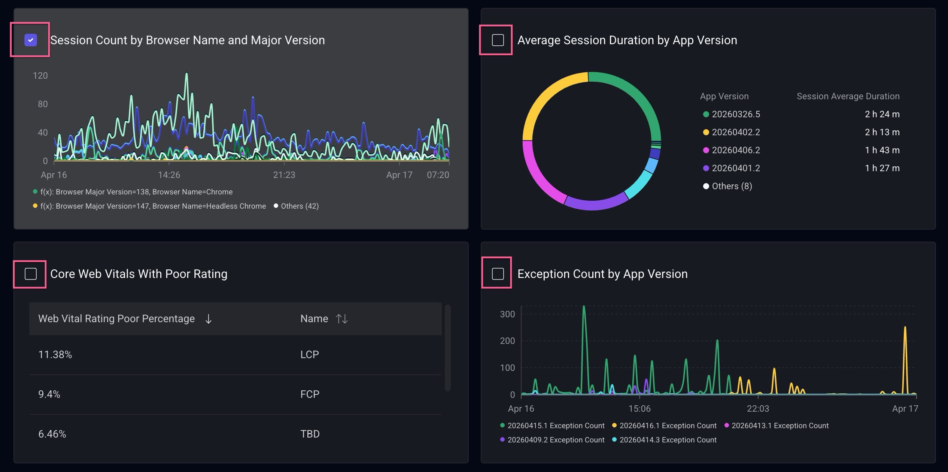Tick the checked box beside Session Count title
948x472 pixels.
[31, 40]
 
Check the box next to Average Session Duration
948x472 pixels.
[498, 40]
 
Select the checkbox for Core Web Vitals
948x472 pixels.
[31, 274]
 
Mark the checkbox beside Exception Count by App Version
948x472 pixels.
[498, 274]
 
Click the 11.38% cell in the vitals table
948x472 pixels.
[55, 354]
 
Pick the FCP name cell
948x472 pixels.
[310, 394]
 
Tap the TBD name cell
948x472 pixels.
[310, 434]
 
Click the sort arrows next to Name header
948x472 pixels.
[342, 319]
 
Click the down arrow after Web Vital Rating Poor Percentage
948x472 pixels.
[209, 319]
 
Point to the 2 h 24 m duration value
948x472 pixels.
[882, 114]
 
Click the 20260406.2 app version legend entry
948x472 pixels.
[736, 150]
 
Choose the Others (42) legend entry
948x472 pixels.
[300, 206]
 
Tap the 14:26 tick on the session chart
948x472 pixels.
[169, 175]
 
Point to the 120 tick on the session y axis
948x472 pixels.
[40, 76]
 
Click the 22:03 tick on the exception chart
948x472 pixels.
[758, 409]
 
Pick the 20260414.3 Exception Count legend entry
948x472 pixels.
[668, 440]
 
